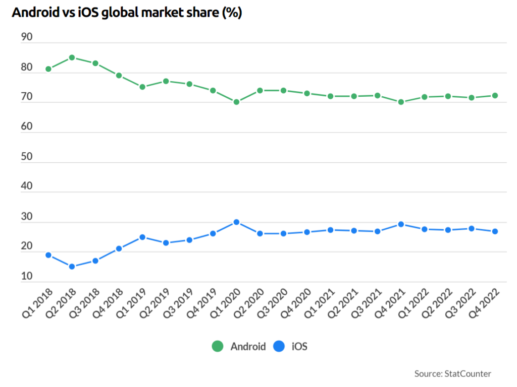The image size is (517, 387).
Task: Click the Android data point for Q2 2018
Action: [x=72, y=57]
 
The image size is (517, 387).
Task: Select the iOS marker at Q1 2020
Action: [x=236, y=222]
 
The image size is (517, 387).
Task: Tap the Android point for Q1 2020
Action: [x=236, y=102]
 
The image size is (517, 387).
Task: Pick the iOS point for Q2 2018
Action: [x=72, y=267]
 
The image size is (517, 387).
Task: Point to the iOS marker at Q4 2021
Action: [x=401, y=224]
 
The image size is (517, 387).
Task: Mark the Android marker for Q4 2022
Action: [x=495, y=96]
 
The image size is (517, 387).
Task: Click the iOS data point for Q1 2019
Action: [x=142, y=237]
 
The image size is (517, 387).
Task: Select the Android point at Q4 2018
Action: [x=119, y=76]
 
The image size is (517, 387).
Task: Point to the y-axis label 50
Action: [x=27, y=156]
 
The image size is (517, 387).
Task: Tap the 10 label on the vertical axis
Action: [x=27, y=276]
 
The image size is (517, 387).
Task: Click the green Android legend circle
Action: [x=218, y=346]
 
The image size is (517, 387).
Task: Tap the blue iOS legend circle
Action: [x=279, y=346]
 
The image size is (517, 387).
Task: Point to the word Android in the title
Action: [x=35, y=13]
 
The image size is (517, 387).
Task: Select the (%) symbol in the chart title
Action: [x=232, y=13]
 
